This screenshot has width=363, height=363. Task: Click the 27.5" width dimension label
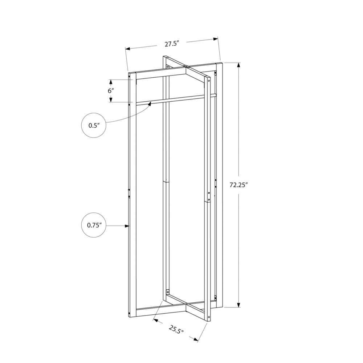pos(172,44)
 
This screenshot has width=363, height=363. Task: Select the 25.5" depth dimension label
pos(176,329)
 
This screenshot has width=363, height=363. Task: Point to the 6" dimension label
pos(111,90)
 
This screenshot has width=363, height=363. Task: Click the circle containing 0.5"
pos(94,126)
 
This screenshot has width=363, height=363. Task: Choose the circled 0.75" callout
pos(94,225)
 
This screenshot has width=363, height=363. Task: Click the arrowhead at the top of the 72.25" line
pos(239,65)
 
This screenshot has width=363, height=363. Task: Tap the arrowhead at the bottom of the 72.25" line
pos(239,305)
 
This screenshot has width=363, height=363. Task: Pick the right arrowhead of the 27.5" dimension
pos(216,39)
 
